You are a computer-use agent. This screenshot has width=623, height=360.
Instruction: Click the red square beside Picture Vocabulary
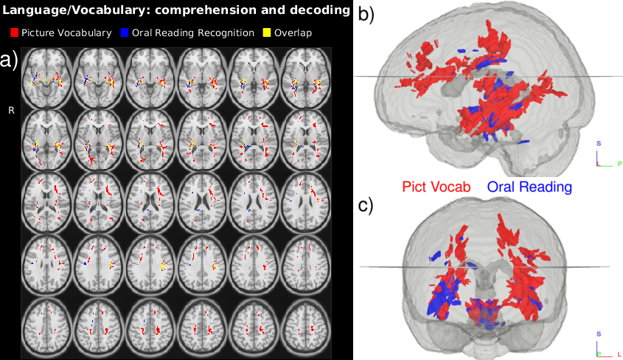(15, 33)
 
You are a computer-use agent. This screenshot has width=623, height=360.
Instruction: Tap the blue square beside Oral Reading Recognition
(126, 33)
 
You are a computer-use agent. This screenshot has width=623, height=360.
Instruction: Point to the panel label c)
(366, 205)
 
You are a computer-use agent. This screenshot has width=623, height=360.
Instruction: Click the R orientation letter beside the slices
(11, 110)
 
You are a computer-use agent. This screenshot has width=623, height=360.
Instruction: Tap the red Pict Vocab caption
(436, 187)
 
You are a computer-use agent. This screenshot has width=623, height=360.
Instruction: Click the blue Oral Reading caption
(530, 187)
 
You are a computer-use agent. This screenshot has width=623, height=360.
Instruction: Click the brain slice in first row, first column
(46, 77)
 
